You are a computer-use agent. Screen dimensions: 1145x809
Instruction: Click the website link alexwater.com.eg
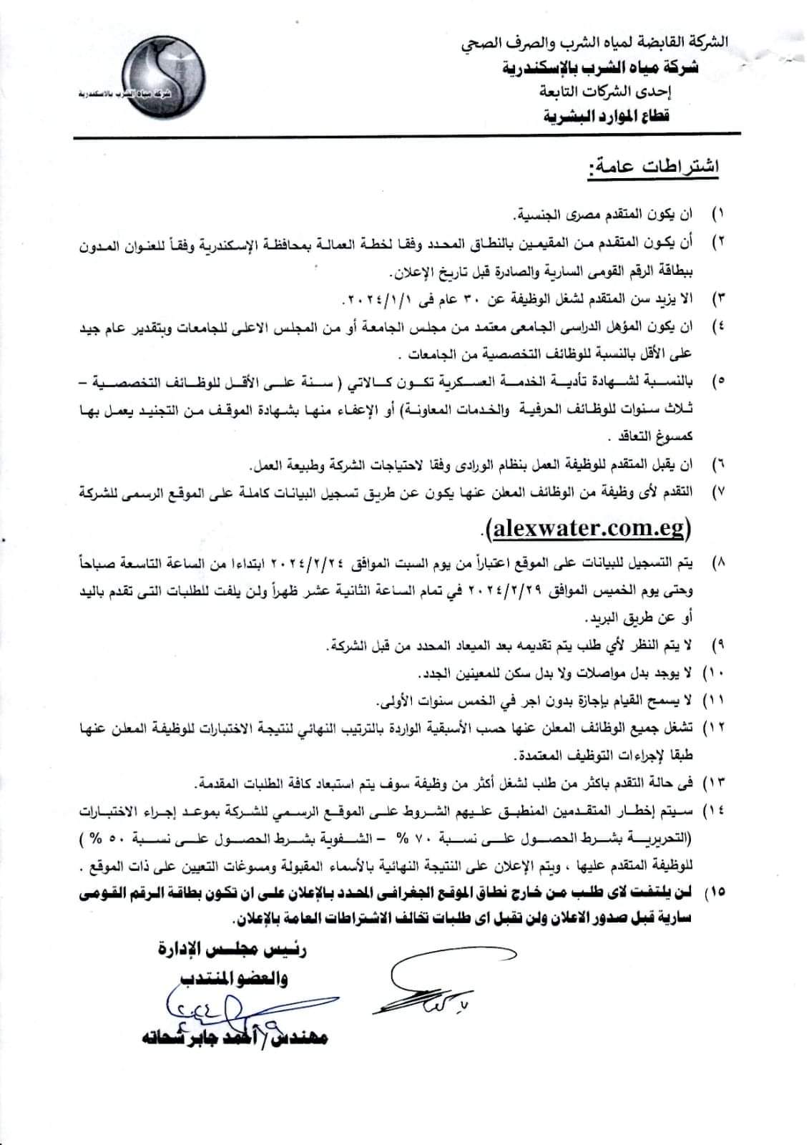[587, 529]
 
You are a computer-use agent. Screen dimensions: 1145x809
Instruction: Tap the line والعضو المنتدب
[236, 979]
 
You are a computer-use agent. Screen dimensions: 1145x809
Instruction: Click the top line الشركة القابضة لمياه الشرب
[594, 43]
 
